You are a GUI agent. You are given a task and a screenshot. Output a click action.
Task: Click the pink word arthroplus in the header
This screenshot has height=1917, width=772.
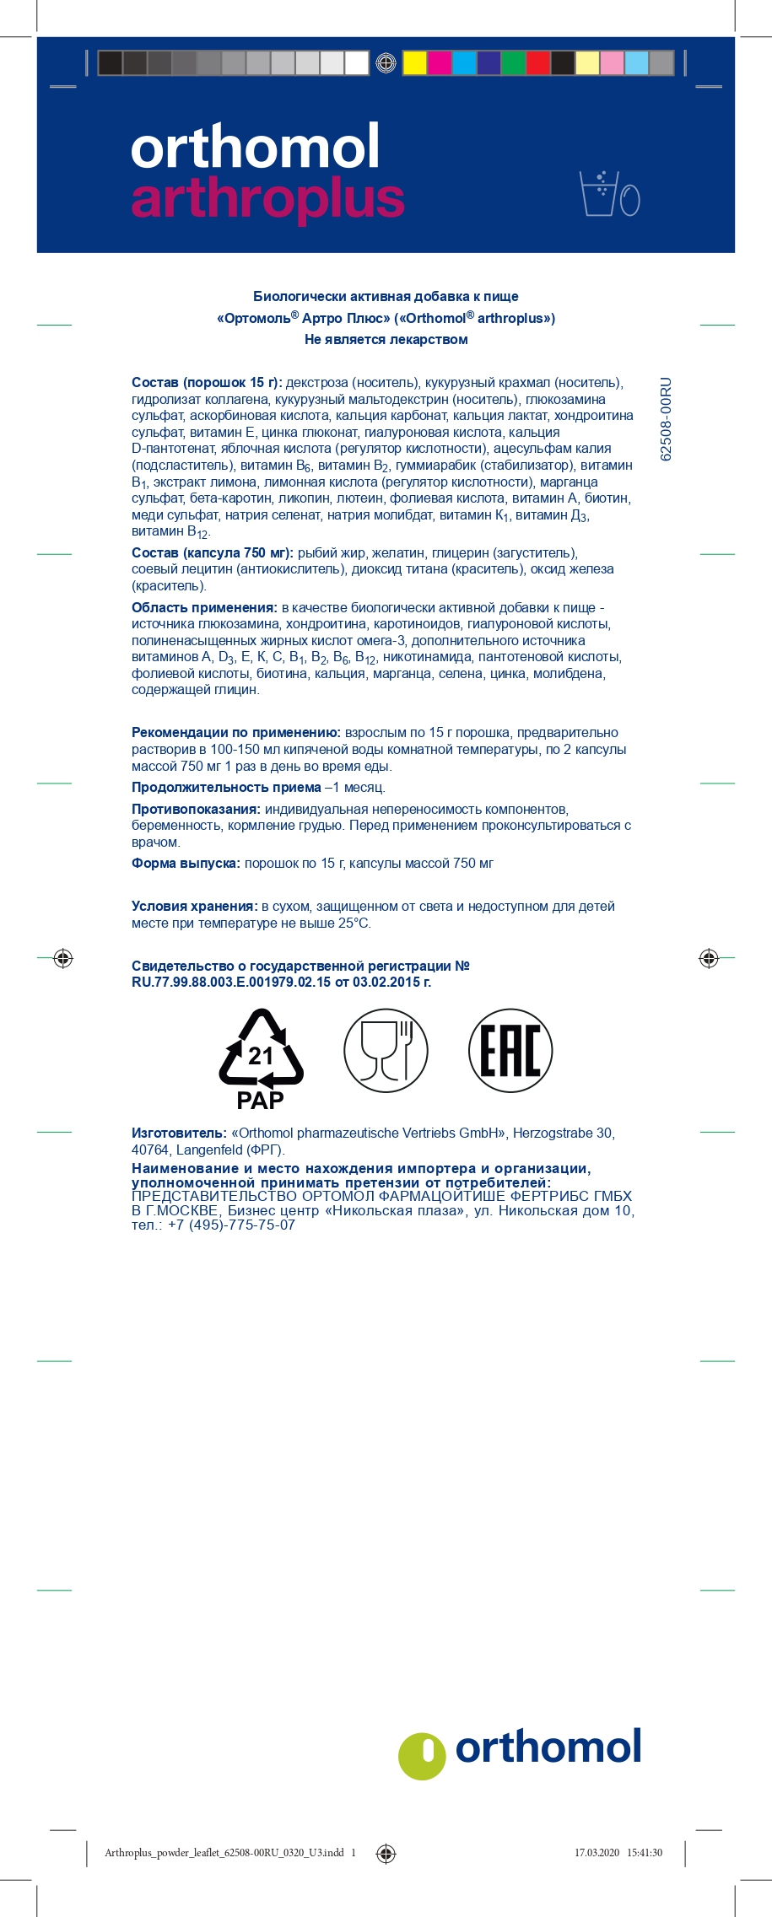267,199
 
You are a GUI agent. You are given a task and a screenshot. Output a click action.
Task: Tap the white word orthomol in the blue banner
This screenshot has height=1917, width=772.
255,147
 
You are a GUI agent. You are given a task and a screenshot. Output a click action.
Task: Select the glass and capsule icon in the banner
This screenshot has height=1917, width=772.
609,193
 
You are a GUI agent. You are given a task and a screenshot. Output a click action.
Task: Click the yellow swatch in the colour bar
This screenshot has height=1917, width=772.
414,63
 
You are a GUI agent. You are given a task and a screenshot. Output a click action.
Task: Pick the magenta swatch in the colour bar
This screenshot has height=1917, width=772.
439,63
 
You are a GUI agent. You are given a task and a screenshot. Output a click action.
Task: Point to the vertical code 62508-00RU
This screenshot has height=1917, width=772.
666,418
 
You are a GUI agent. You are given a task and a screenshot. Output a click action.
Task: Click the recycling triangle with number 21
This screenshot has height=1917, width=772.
261,1048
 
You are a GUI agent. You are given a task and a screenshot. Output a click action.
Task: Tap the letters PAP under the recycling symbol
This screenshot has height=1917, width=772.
260,1101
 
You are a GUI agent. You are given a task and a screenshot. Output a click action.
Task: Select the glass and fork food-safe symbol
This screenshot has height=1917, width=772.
386,1051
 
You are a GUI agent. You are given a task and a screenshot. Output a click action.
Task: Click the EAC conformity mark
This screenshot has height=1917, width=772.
510,1051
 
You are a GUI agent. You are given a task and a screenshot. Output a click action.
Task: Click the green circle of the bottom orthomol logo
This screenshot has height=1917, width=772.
422,1756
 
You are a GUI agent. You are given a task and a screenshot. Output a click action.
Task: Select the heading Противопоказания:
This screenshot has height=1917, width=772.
196,809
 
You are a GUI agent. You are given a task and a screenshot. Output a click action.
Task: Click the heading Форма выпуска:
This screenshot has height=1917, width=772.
186,863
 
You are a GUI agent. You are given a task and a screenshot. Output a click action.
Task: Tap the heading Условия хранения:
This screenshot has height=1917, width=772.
194,906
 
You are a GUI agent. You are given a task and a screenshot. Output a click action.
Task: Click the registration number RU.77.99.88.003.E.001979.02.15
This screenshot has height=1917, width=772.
230,982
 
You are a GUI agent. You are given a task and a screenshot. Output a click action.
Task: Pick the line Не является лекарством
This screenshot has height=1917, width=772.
386,339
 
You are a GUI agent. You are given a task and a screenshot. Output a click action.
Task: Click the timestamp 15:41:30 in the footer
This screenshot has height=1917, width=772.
645,1853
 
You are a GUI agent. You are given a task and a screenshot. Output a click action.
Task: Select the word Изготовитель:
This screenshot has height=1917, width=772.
179,1133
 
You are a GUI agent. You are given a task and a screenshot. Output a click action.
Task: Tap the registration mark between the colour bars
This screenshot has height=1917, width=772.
386,63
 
